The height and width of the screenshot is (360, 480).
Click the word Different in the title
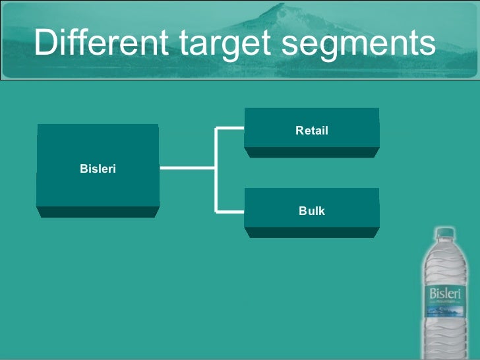[x=102, y=43]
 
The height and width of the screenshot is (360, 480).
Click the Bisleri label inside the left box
[x=98, y=169]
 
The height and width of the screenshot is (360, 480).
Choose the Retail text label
[x=312, y=131]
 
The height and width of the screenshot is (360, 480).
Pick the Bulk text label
[x=312, y=211]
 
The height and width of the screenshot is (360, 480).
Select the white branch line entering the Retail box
[x=230, y=129]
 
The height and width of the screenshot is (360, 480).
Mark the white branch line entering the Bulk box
[x=230, y=212]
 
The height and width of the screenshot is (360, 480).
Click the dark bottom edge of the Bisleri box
[x=98, y=212]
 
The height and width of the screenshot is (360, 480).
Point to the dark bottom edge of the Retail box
[x=312, y=152]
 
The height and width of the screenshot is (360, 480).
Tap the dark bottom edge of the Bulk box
[x=312, y=233]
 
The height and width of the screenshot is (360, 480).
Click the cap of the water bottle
[x=445, y=233]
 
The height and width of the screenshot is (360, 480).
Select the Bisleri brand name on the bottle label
[x=444, y=292]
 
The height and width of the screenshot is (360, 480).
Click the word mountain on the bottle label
[x=444, y=301]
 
